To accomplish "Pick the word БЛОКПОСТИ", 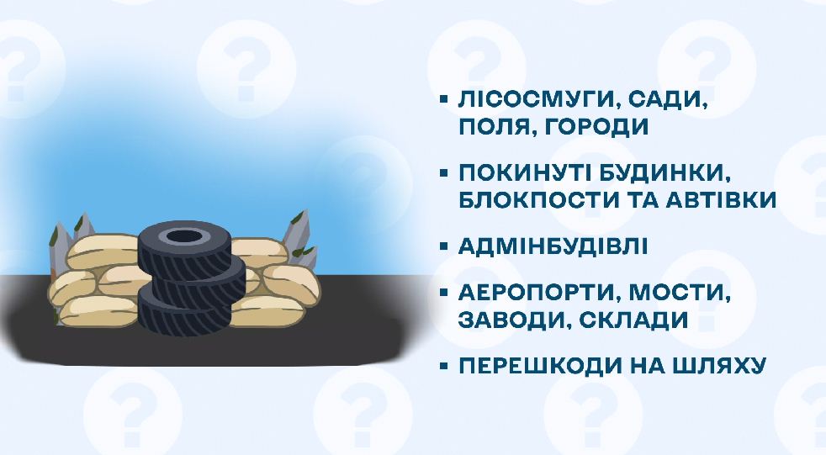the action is click(x=535, y=200).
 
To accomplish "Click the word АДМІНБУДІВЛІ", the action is click(x=553, y=246).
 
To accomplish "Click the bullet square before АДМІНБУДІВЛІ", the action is click(x=444, y=246).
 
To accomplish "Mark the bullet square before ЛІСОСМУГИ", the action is click(x=444, y=98).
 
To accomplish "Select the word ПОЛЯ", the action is click(x=495, y=127).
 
